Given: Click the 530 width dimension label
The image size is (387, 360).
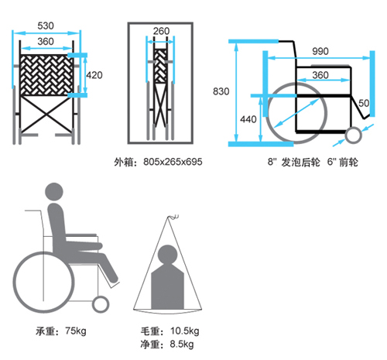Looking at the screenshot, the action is pyautogui.click(x=46, y=26).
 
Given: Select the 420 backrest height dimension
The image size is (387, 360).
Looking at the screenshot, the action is pyautogui.click(x=94, y=75).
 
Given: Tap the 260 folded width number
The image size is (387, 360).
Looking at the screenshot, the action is pyautogui.click(x=161, y=31).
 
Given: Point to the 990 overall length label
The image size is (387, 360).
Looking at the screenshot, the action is pyautogui.click(x=320, y=51).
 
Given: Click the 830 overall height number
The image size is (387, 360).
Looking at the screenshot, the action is pyautogui.click(x=221, y=91).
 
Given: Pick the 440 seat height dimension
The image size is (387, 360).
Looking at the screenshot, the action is pyautogui.click(x=248, y=119).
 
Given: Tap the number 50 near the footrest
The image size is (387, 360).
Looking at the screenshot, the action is pyautogui.click(x=364, y=103).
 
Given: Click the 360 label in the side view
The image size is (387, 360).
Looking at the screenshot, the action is pyautogui.click(x=320, y=75).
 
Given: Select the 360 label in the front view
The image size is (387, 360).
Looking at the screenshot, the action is pyautogui.click(x=46, y=41).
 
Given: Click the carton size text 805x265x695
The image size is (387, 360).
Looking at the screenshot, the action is pyautogui.click(x=173, y=162).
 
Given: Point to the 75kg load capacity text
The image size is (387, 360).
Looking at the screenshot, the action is pyautogui.click(x=76, y=331).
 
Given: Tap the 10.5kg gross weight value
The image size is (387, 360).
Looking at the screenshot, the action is pyautogui.click(x=185, y=331).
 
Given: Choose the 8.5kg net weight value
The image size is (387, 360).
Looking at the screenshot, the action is pyautogui.click(x=182, y=344).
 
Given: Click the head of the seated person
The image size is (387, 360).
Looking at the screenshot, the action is pyautogui.click(x=54, y=192).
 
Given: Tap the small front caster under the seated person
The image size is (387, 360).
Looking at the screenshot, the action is pyautogui.click(x=101, y=304).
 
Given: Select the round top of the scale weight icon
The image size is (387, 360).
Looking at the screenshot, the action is pyautogui.click(x=167, y=254).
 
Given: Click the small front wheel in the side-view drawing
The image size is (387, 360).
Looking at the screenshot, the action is pyautogui.click(x=354, y=135).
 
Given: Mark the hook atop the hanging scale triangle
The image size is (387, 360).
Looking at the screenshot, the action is pyautogui.click(x=173, y=217).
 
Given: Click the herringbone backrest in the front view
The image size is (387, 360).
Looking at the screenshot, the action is pyautogui.click(x=46, y=75).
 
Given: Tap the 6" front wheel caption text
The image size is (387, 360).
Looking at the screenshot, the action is pyautogui.click(x=343, y=162).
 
